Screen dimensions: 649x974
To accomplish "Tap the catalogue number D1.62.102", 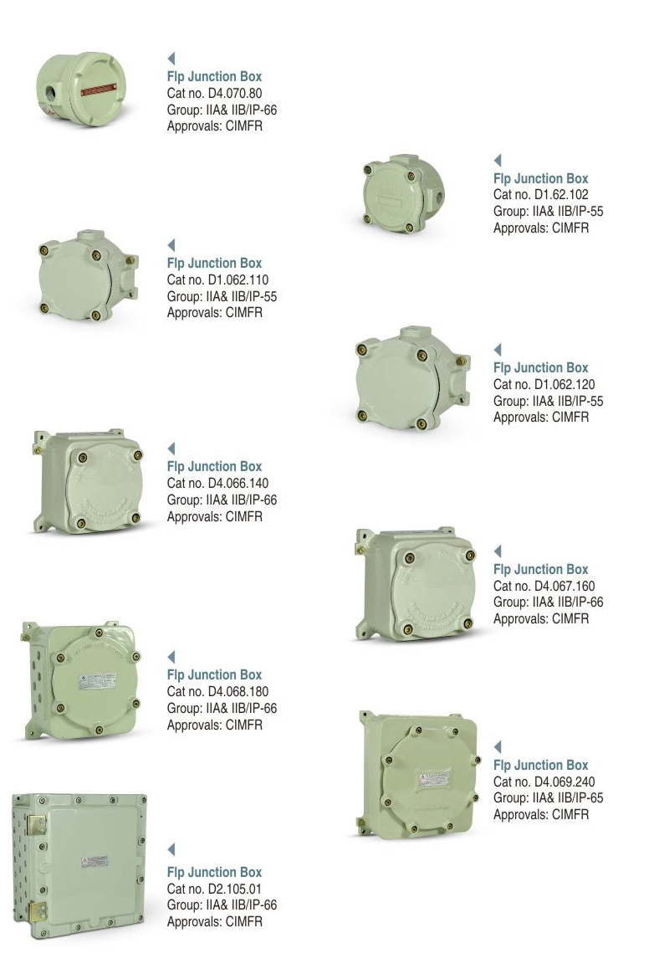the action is pos(561,194).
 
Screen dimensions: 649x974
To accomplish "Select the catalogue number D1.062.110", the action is pos(238,279).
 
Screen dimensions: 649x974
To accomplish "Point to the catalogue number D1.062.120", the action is pos(565,384).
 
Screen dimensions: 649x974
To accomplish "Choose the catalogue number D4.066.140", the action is pos(238,483).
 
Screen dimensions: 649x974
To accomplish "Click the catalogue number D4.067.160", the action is pos(565,586).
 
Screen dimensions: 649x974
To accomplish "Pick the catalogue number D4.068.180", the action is pos(238,691).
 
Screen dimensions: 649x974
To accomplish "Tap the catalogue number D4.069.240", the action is pos(565,782).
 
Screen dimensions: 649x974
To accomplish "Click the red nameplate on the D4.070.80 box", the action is pos(98,90).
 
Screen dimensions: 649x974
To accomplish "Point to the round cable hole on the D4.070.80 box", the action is pos(49,98).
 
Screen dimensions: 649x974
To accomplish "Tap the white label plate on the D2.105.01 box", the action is pos(95,862).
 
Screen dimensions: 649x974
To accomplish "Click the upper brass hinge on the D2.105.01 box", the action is pos(37,824).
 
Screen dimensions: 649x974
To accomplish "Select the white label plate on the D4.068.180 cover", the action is pos(98,681).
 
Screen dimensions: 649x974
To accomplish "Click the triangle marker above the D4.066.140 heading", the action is pos(171,449).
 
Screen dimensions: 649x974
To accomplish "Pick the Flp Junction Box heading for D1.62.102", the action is pos(540,178).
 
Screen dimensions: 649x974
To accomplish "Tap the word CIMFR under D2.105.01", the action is pos(244,921).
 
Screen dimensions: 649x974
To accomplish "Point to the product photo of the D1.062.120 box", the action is pos(411,377).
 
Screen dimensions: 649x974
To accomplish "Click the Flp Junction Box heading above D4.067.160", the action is pos(540,569).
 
